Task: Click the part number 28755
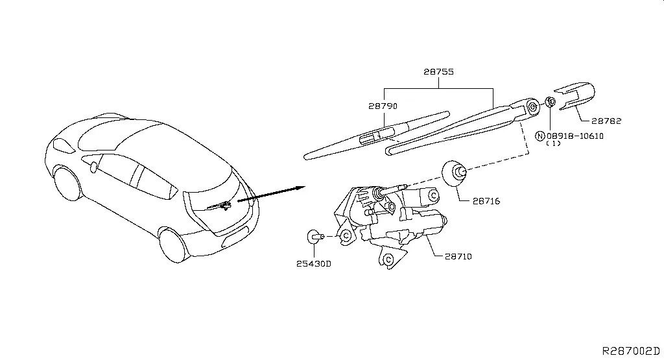[438, 73]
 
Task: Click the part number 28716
[486, 202]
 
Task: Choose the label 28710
[458, 257]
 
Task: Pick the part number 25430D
[314, 264]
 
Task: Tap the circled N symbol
[539, 136]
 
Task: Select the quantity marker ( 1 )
[553, 144]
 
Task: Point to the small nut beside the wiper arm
[550, 101]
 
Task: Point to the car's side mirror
[95, 167]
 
